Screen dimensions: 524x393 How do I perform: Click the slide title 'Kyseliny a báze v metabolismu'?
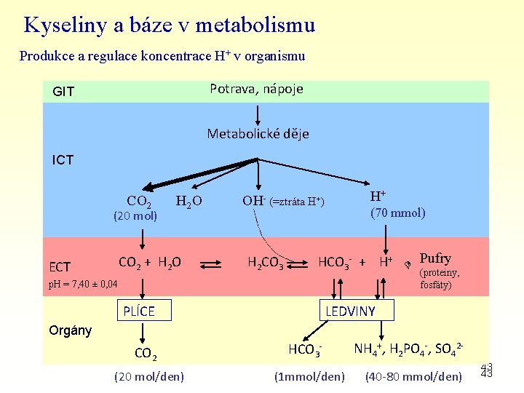pos(169,25)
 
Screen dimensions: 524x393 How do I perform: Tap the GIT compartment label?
pos(63,92)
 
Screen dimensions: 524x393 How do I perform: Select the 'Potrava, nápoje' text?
pos(256,89)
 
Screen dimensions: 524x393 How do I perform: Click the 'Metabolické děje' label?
pos(258,134)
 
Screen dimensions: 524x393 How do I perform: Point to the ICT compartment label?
pos(63,159)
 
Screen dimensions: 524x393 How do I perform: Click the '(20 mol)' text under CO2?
pos(134,215)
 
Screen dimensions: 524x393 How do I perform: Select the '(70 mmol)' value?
pos(397,213)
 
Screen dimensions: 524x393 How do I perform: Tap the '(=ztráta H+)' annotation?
pos(297,202)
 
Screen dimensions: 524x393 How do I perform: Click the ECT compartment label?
pos(60,266)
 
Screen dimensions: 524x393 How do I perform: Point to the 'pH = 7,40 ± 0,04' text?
pos(82,283)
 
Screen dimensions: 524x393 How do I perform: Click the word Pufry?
pos(435,258)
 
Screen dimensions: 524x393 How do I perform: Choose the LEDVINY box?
pos(350,311)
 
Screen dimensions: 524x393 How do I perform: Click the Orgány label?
pos(70,330)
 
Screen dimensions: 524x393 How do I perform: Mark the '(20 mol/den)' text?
pos(149,376)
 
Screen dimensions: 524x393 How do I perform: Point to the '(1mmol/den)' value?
pos(309,376)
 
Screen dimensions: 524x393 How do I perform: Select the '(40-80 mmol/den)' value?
pos(413,376)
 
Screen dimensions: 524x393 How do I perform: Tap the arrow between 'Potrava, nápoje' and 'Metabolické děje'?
pos(257,114)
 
